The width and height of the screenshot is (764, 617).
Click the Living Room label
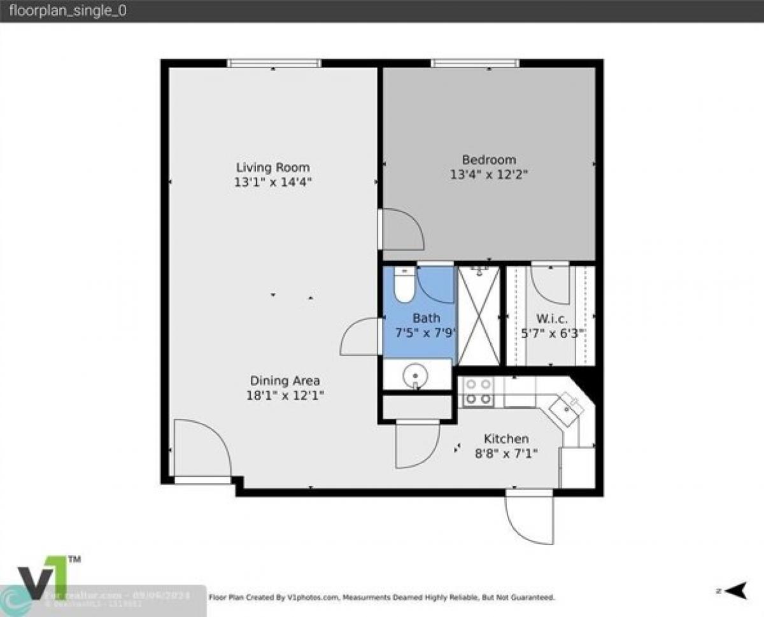[x=272, y=167]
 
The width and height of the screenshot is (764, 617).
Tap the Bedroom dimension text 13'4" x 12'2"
[x=489, y=174]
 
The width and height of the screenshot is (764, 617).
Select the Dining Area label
[x=285, y=381]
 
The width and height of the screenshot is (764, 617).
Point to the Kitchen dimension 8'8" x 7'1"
[x=506, y=453]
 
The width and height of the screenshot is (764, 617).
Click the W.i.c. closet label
[x=551, y=319]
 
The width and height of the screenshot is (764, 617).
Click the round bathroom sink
[x=415, y=374]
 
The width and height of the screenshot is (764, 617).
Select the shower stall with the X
[x=479, y=315]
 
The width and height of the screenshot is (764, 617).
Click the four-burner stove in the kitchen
[x=478, y=392]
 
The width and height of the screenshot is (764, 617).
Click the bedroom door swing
[x=402, y=229]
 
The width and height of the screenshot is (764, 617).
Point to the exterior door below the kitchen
[x=530, y=517]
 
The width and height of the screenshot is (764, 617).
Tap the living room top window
[x=274, y=63]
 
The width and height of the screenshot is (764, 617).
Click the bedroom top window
[x=475, y=63]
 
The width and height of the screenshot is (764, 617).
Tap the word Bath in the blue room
[x=426, y=318]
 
